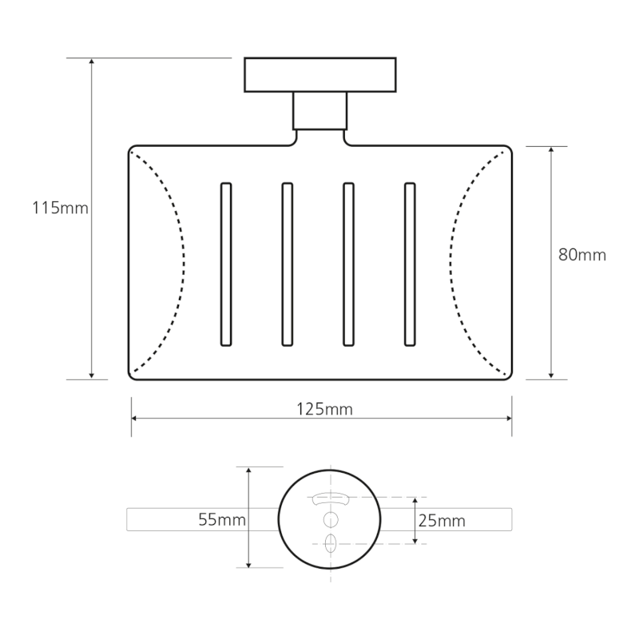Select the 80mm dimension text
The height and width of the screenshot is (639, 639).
[582, 256]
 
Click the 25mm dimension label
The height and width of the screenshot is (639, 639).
[442, 521]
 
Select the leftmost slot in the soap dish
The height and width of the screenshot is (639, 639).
[226, 264]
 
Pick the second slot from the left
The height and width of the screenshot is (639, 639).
[288, 264]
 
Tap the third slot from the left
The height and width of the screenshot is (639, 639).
[348, 264]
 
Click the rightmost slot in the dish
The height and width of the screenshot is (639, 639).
[410, 264]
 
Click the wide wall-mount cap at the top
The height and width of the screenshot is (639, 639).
[320, 74]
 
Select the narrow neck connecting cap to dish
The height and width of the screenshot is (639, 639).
[320, 110]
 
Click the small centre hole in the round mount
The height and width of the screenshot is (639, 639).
[331, 519]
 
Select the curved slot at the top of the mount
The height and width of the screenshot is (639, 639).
[331, 498]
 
